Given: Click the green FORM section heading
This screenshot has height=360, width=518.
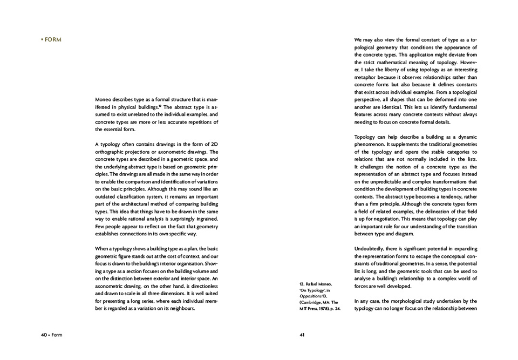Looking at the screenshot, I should pos(52,39).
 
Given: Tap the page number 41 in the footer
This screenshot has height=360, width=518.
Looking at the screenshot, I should pos(302,335).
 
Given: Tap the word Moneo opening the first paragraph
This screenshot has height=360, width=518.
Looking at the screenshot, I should pos(105,100).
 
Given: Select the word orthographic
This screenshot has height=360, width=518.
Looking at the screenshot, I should pos(112,152).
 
